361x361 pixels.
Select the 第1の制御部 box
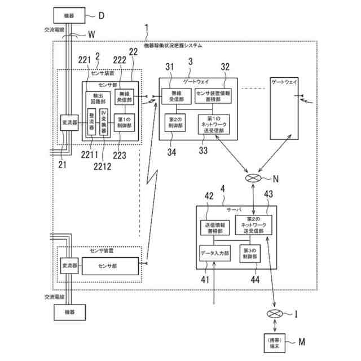124,122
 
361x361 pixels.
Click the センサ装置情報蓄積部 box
213,95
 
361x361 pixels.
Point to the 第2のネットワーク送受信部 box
253,225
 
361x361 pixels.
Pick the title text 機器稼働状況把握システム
173,45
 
